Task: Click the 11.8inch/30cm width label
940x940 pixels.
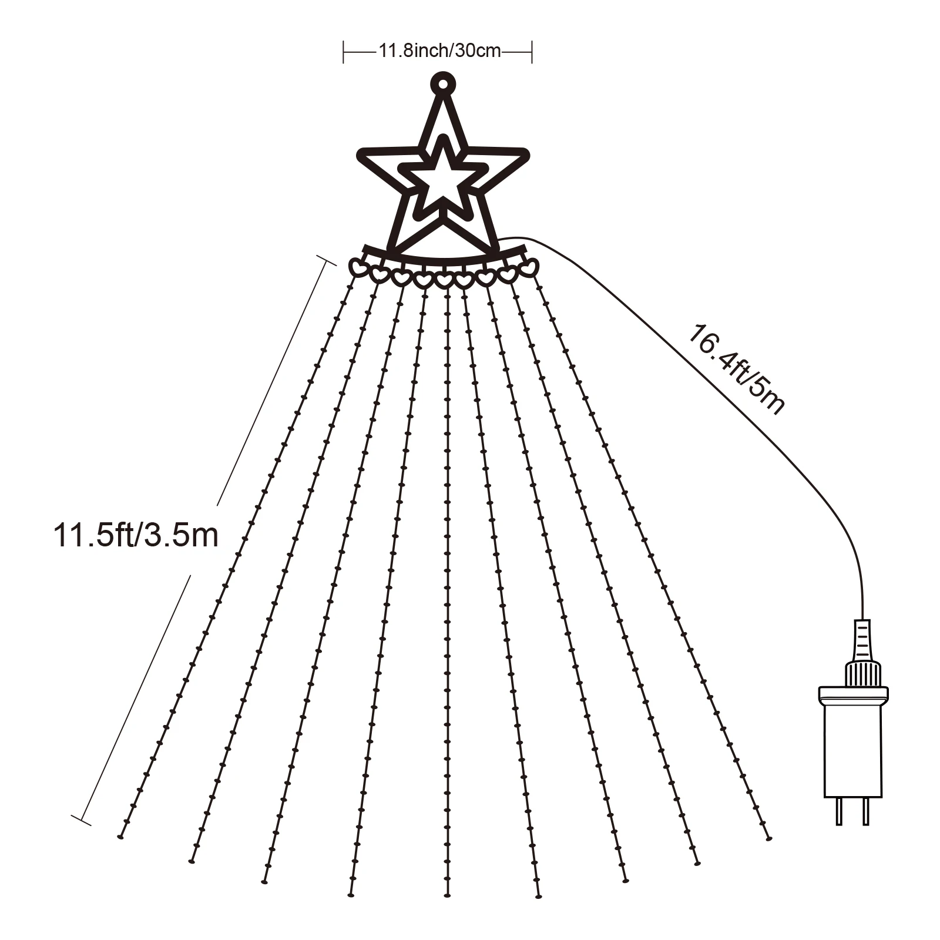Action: click(x=439, y=51)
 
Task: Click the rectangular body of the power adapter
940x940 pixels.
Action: click(x=851, y=746)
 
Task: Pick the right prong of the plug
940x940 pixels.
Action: click(x=864, y=811)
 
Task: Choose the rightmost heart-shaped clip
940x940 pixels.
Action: click(x=531, y=267)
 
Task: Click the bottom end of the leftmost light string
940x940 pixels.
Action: click(x=120, y=836)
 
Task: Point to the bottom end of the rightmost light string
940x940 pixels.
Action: click(x=768, y=838)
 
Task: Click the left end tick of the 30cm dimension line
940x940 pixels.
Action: click(x=344, y=52)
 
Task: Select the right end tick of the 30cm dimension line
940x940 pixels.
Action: click(x=532, y=52)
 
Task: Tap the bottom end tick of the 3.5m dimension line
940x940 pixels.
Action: click(x=81, y=820)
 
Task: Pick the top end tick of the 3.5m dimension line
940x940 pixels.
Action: click(x=327, y=261)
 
